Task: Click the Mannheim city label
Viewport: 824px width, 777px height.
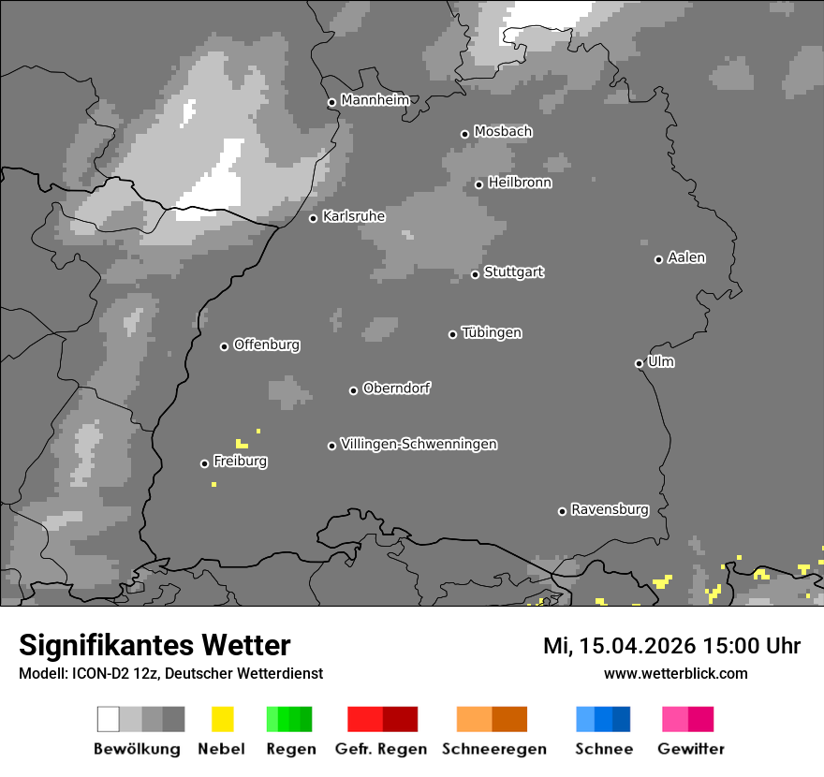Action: (x=375, y=100)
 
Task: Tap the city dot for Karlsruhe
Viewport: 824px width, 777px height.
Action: (x=314, y=218)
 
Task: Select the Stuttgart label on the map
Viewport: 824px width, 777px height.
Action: (x=513, y=272)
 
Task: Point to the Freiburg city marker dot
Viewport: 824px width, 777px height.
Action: (x=204, y=463)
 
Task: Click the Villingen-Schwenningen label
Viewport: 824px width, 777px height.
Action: (x=419, y=444)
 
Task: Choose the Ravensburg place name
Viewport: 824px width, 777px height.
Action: (x=610, y=510)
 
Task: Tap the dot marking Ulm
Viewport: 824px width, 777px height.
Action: (x=639, y=363)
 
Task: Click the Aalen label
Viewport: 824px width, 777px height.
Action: (x=686, y=257)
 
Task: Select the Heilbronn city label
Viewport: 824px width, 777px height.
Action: (x=520, y=183)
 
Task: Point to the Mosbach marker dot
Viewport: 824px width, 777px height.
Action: (x=464, y=134)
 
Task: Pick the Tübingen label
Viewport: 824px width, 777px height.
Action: (x=492, y=333)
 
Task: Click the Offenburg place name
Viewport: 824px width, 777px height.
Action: (x=267, y=345)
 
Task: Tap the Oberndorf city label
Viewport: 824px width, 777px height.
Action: (x=397, y=388)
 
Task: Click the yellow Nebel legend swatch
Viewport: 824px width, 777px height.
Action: (x=222, y=719)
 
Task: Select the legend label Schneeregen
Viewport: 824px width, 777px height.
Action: (x=494, y=749)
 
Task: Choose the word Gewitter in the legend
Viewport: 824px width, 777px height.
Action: (x=691, y=749)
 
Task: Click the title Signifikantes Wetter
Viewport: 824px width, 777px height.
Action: (x=154, y=645)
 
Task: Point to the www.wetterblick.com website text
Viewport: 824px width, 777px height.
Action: (x=675, y=673)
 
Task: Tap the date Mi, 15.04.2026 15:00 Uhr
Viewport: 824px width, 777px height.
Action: (x=671, y=646)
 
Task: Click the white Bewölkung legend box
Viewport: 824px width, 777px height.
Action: (x=109, y=719)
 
